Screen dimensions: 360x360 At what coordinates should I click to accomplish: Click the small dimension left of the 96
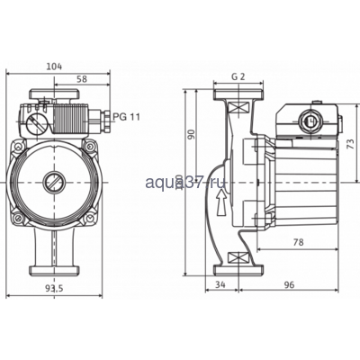coord(221,283)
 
